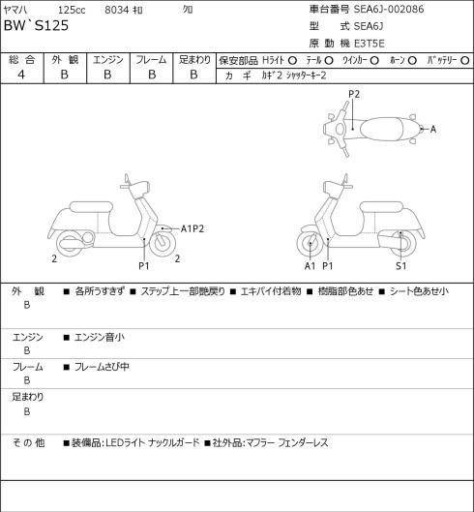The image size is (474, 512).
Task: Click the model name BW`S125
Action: pos(36,25)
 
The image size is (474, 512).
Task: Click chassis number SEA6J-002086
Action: pos(389,9)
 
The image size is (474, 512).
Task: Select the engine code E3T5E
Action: pos(370,44)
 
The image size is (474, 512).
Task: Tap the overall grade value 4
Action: pos(21,75)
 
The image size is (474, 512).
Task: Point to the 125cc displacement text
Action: pos(72,10)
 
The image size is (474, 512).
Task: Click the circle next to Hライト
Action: pos(292,60)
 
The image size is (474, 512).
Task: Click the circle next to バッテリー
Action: pos(465,60)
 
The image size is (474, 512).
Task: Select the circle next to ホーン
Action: pos(412,60)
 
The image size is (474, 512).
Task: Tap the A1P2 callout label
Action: pos(193,228)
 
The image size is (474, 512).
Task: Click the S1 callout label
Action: pos(400,266)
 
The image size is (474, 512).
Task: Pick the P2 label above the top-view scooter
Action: pos(354,95)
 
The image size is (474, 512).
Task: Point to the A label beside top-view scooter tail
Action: pos(433,130)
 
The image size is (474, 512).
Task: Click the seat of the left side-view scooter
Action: pos(91,207)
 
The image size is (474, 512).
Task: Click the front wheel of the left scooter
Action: pos(163,243)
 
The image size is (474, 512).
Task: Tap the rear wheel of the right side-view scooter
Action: pos(403,243)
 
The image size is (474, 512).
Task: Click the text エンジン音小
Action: pos(100,337)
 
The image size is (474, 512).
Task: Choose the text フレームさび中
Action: pos(102,367)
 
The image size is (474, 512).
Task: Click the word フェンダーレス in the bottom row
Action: pos(303,443)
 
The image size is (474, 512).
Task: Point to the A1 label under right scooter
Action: pos(310,266)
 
